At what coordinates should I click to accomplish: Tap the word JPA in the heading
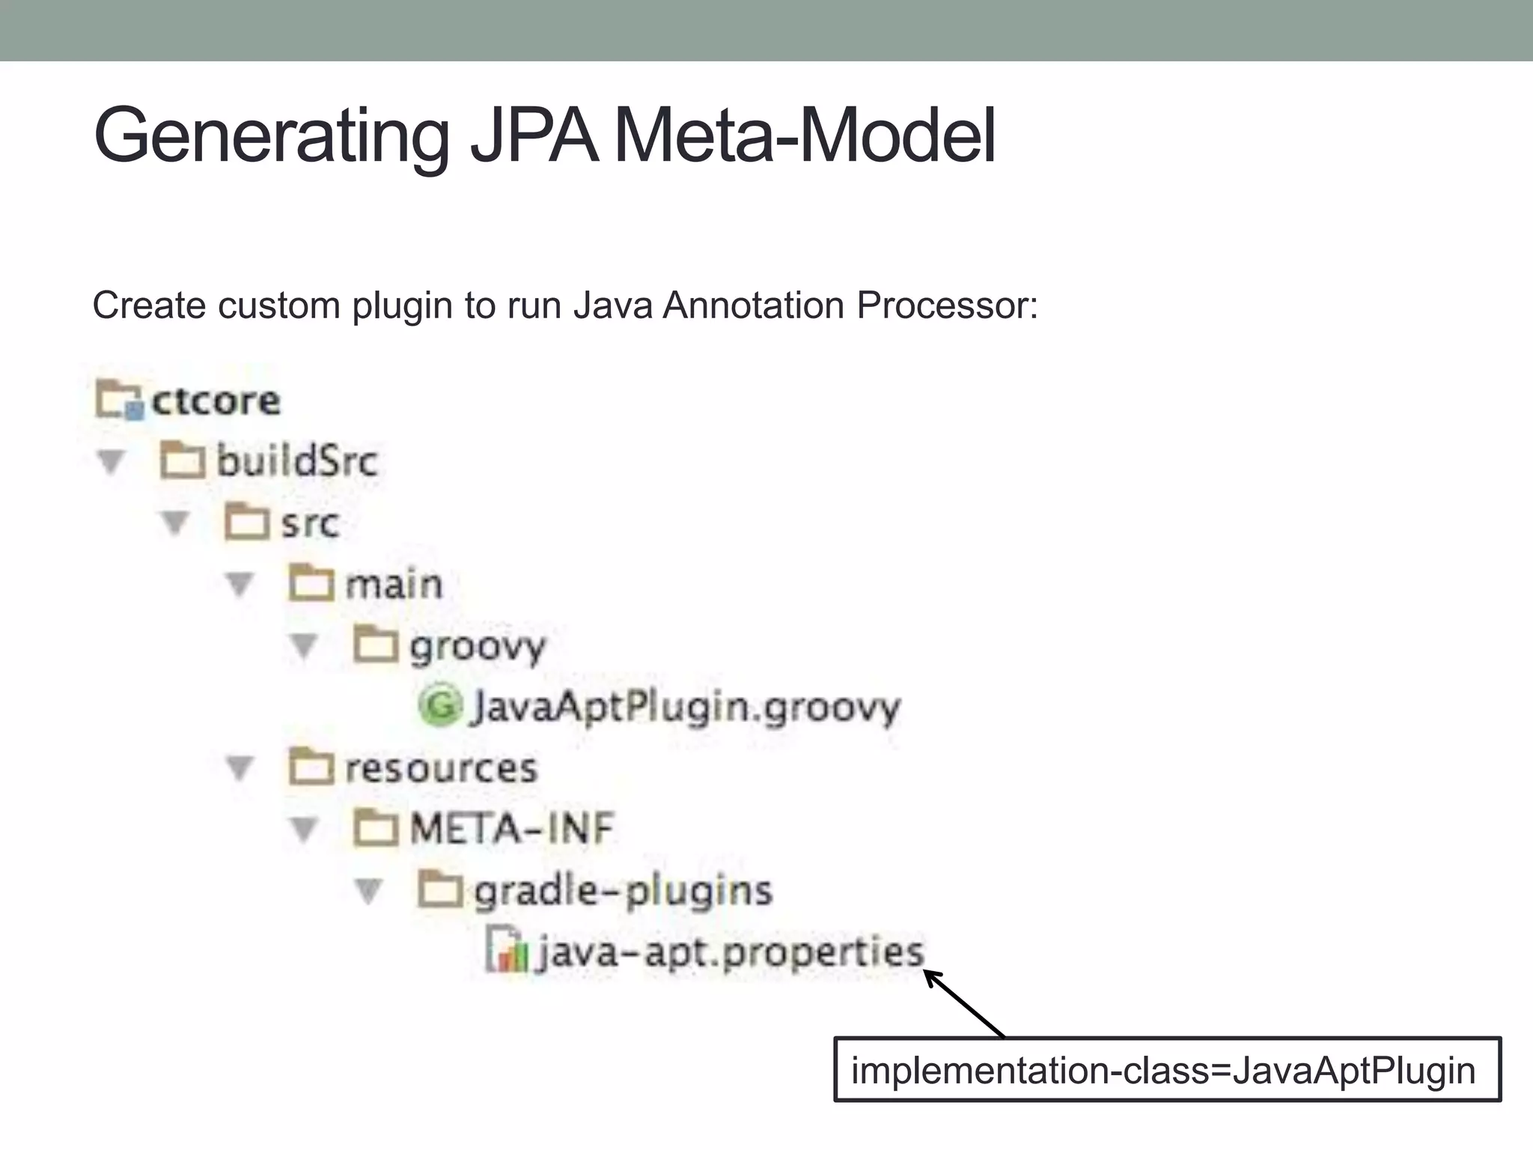coord(534,136)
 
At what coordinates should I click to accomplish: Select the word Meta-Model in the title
coord(804,136)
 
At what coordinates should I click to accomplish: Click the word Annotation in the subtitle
coord(753,305)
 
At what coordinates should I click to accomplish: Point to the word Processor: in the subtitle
coord(947,305)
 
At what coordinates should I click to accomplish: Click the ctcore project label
coord(216,401)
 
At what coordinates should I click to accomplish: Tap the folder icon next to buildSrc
coord(182,460)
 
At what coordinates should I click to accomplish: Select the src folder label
coord(309,523)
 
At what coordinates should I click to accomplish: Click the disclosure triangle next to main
coord(240,585)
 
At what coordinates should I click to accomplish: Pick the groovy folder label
coord(478,646)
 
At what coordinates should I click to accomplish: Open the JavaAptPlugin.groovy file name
coord(685,707)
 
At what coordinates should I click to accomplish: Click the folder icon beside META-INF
coord(375,829)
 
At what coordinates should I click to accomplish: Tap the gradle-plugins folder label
coord(623,891)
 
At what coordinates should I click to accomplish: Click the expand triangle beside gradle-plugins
coord(368,891)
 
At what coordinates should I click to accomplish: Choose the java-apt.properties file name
coord(731,952)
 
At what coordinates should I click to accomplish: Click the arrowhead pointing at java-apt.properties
coord(932,977)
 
